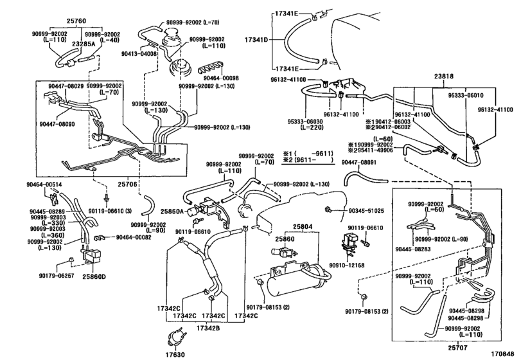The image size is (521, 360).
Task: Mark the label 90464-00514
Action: pos(44,184)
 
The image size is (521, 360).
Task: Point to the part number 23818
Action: pos(443,75)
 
